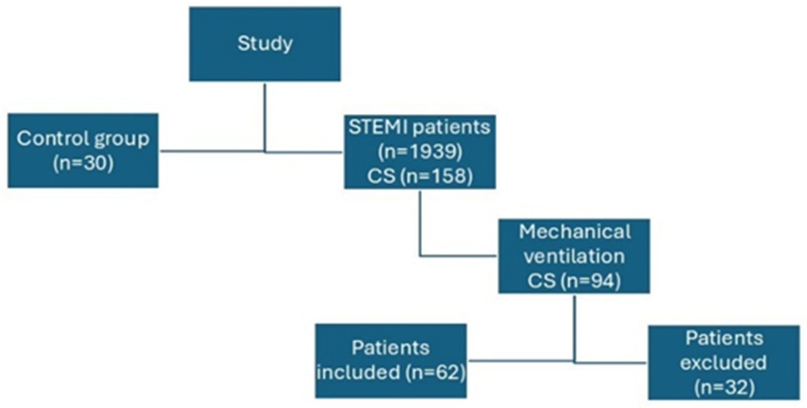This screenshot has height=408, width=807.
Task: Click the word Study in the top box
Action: point(265,43)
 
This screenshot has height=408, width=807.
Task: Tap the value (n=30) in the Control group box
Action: point(83,163)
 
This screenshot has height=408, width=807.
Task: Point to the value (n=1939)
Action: point(420,152)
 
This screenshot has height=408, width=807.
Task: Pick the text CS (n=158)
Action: point(420,176)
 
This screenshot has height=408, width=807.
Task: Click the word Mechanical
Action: point(574,232)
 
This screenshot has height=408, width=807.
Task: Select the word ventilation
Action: point(574,256)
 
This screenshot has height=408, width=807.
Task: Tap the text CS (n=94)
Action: point(574,281)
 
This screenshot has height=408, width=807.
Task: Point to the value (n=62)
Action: point(435,372)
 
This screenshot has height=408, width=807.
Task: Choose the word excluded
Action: point(723,362)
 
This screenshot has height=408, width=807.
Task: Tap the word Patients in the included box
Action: point(391,348)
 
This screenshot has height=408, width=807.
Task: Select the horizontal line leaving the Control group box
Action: point(211,151)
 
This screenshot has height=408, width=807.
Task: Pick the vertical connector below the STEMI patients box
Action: point(420,223)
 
